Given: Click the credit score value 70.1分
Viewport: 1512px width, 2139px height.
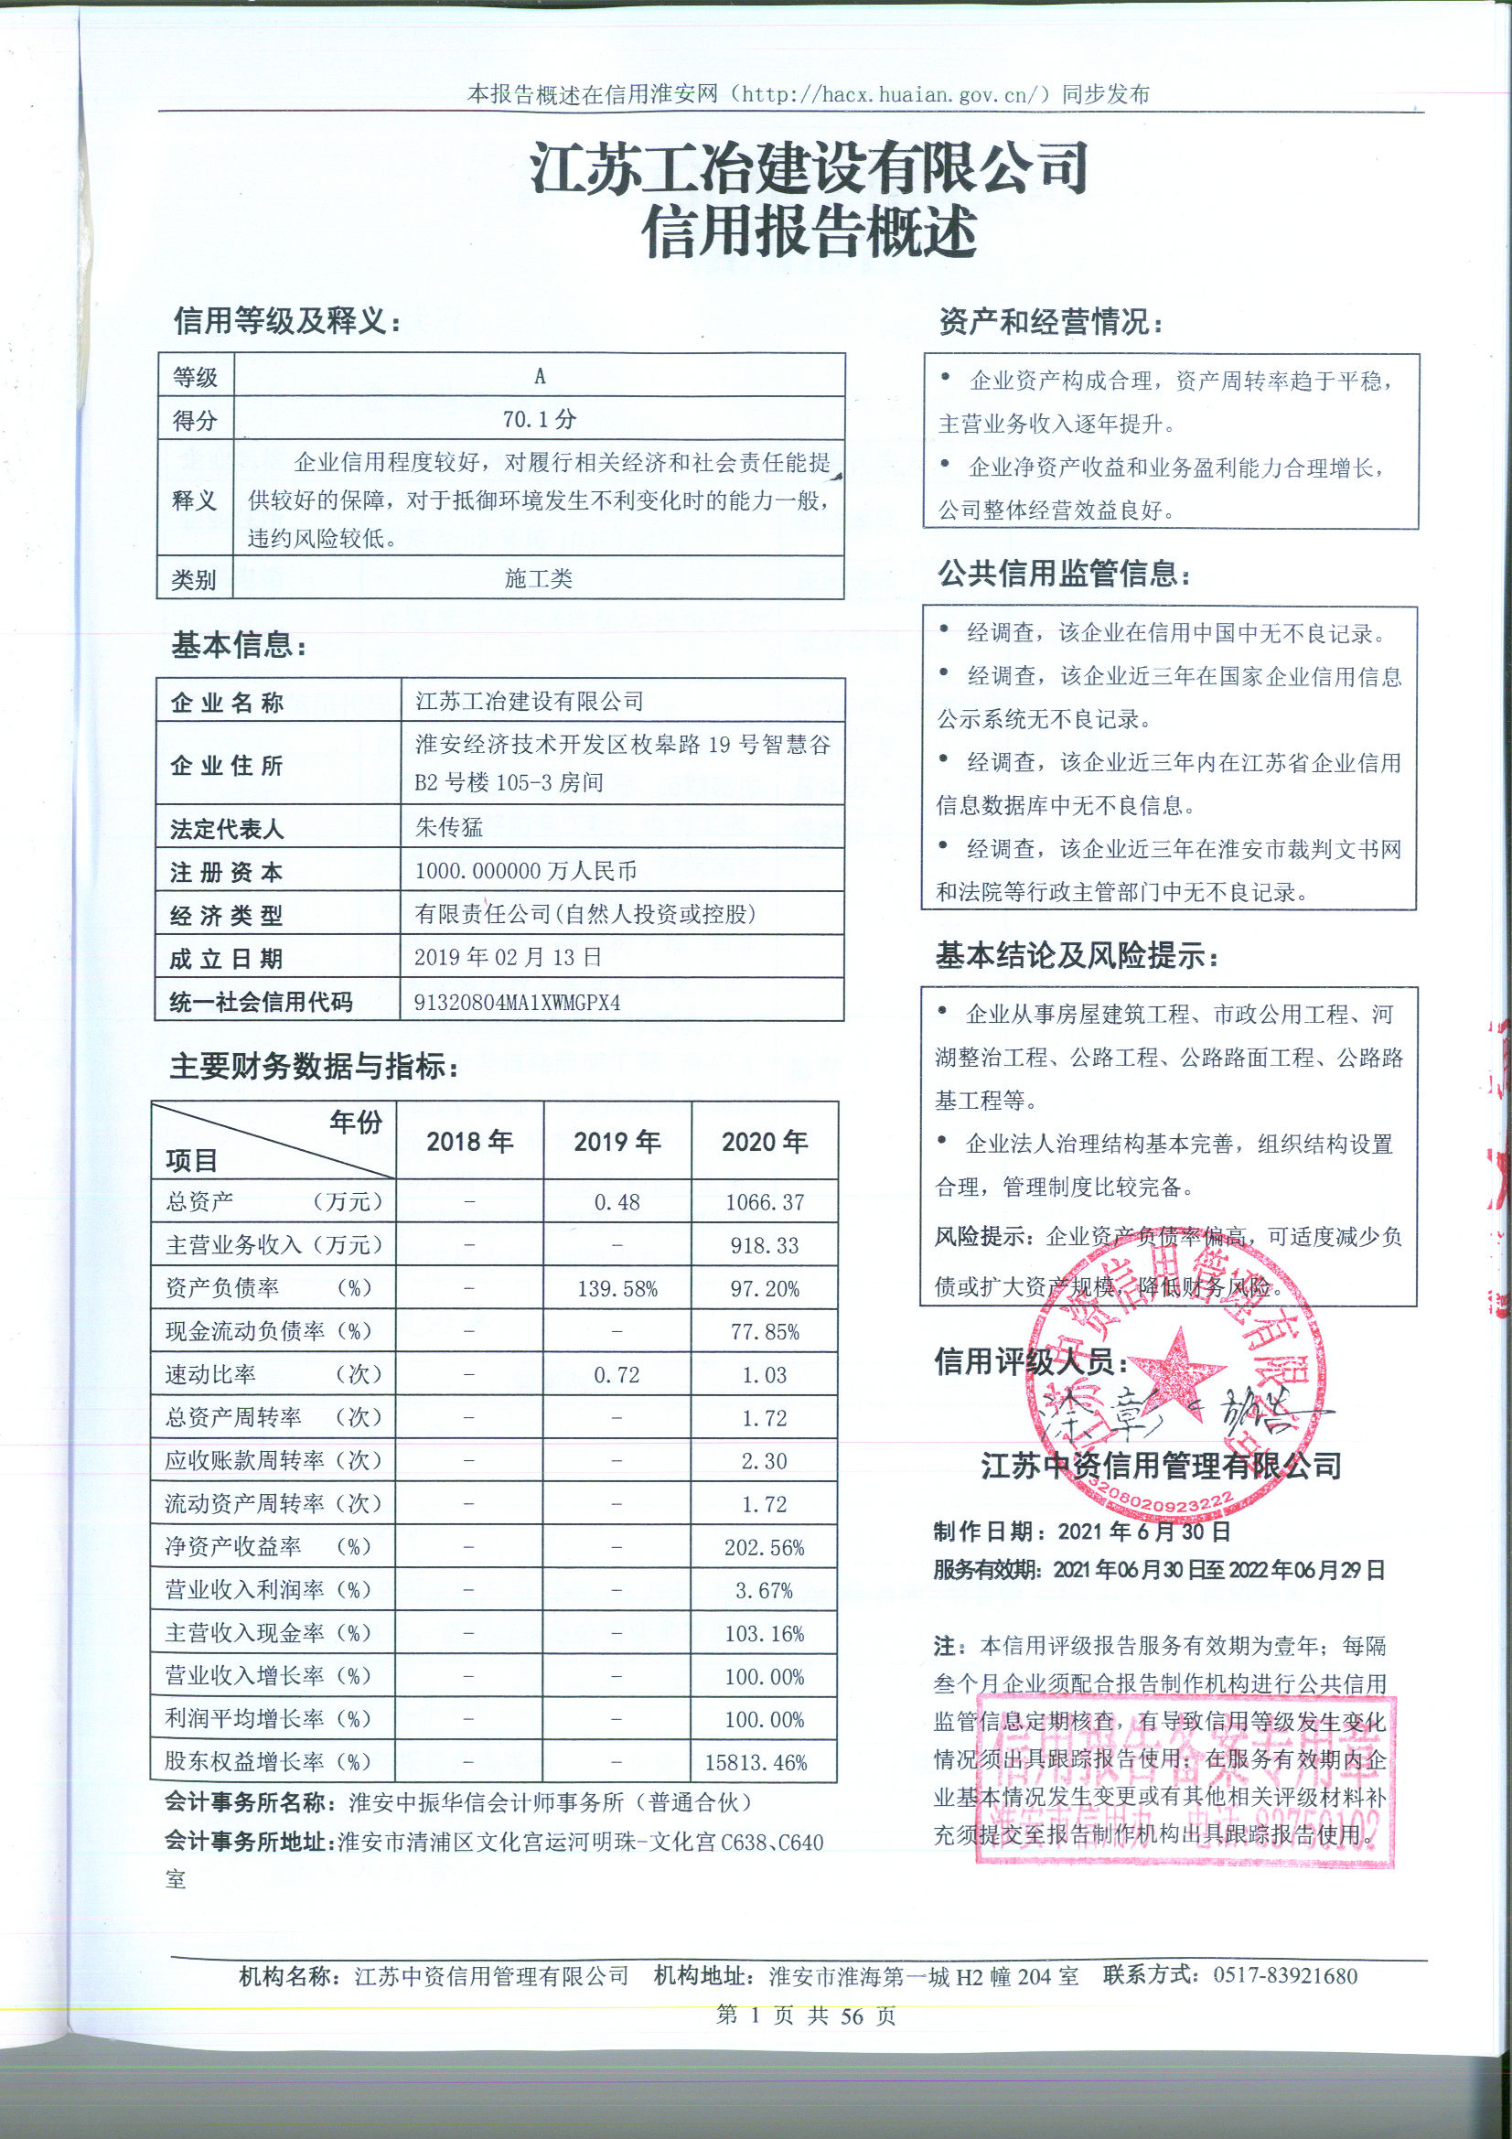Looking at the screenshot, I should pos(540,419).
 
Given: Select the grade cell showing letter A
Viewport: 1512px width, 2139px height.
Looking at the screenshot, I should pos(540,376).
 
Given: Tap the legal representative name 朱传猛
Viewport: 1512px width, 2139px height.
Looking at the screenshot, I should pos(449,827).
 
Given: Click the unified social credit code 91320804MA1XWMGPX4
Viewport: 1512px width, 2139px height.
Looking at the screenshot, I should pos(517,1003).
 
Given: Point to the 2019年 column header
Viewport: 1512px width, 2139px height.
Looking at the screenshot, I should pos(617,1141).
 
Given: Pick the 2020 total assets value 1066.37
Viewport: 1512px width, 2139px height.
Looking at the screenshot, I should pos(764,1202).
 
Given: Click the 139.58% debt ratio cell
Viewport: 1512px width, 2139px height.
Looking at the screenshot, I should pos(617,1288).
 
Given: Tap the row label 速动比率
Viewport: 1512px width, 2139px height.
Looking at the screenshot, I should pos(210,1374).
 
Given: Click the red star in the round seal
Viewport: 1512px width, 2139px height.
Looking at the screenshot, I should pos(1178,1367).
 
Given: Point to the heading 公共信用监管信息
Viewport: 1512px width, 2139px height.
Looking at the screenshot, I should pos(1064,574).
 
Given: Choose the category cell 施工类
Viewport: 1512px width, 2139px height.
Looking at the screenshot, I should pos(539,578).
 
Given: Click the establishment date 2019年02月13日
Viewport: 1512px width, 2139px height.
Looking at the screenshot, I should pos(508,957).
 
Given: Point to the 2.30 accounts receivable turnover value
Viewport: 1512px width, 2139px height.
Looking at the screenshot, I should pos(764,1461).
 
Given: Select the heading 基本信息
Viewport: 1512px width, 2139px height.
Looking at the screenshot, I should pos(239,645).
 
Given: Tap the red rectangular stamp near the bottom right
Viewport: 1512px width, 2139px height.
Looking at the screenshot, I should pos(1185,1790).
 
